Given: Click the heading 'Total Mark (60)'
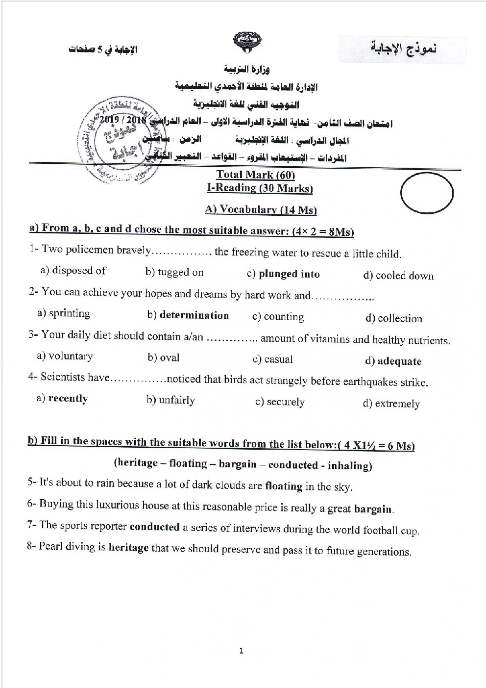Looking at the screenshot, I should click(255, 175).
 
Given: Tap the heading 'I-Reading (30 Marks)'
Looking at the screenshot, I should click(260, 188).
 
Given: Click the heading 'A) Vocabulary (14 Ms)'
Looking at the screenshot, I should click(261, 209).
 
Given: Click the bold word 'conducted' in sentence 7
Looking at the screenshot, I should click(154, 527).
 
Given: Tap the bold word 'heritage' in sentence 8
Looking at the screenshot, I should click(128, 547).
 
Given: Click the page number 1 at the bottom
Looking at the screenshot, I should click(241, 651).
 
